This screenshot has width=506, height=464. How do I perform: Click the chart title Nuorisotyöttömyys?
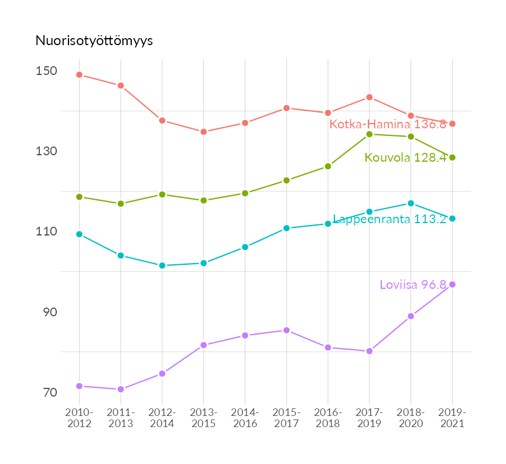pos(94,41)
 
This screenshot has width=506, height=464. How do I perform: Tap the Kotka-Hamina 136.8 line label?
pos(388,124)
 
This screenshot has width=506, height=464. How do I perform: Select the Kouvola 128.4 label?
pos(405,158)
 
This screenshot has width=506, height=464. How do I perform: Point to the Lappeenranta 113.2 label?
pos(389,219)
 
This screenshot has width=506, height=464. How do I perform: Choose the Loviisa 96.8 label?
pos(413,285)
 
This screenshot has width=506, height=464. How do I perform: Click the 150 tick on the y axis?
pos(47,71)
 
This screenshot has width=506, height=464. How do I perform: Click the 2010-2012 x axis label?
pos(79,418)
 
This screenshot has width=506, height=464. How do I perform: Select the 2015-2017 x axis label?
pos(286,418)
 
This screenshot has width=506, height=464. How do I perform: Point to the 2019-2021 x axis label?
pos(452,418)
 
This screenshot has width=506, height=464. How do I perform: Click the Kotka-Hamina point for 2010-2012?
pos(79,75)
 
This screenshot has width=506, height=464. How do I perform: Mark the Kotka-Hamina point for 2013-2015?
pos(204,132)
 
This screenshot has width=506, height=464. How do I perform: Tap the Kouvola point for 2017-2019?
pos(370,134)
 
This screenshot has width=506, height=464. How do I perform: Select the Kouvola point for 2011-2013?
pos(121,204)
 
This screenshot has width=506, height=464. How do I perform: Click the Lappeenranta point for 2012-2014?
pos(162,265)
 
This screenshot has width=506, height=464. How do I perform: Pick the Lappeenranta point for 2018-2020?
pos(411,203)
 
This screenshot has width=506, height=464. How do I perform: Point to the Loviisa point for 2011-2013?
pos(121,389)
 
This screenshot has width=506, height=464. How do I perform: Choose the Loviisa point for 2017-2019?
pos(370,351)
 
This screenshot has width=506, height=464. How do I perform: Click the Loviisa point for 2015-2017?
pos(286,330)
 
